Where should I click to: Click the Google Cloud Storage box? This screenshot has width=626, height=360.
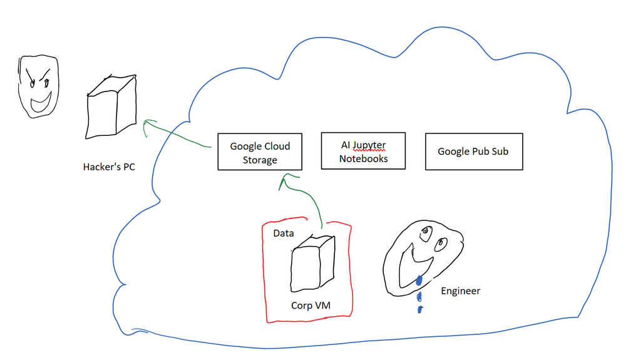coord(260,152)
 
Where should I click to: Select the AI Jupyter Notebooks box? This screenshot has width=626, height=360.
coord(363,151)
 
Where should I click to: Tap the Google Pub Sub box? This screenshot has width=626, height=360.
coord(473,151)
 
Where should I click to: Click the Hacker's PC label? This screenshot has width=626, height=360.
coord(109,167)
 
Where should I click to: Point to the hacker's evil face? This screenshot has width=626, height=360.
coord(38,86)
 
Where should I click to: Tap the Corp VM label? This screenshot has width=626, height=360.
coord(310,306)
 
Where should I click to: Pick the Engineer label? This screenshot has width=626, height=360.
coord(461,291)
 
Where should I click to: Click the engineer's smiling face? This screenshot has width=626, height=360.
coord(424,257)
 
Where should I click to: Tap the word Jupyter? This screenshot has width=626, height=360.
coord(369,145)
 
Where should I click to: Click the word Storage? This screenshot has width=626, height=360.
coord(260,160)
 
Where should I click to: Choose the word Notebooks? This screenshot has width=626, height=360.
coord(363,159)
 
